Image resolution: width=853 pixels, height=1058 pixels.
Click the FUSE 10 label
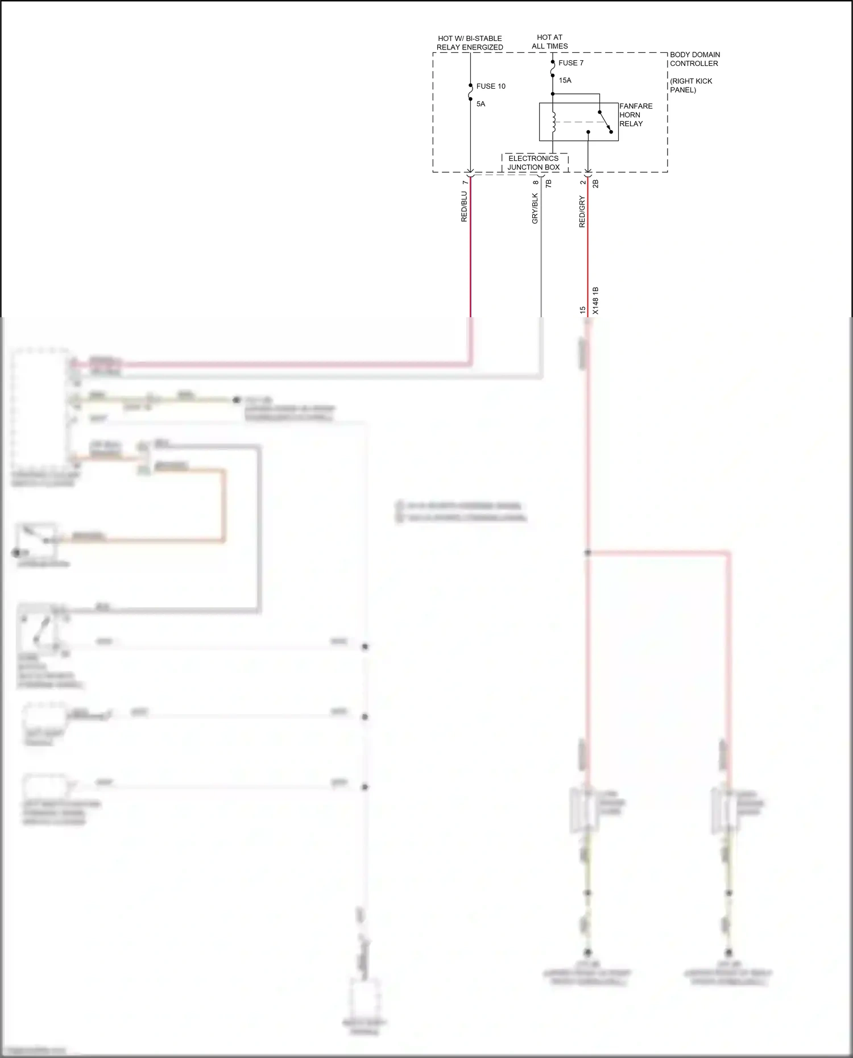[490, 86]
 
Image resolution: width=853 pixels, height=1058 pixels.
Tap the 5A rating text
[481, 104]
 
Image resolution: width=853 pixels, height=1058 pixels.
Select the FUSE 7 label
[570, 63]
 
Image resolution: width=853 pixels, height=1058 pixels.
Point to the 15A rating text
[565, 80]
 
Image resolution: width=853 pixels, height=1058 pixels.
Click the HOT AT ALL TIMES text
[549, 42]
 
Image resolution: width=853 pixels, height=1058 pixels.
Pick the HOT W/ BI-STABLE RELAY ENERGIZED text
[470, 43]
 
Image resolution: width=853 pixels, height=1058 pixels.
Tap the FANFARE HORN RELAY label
[635, 115]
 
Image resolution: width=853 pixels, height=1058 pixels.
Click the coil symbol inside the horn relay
[553, 122]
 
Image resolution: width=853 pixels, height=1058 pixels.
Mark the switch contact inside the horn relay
[606, 122]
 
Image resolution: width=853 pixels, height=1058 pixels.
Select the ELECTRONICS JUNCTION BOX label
[533, 163]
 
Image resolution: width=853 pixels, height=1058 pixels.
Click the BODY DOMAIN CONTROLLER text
[694, 59]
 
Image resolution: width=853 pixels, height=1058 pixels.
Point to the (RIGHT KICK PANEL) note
[690, 85]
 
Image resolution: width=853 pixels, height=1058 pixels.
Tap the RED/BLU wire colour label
[464, 206]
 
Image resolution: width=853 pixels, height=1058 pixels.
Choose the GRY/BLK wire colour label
[535, 208]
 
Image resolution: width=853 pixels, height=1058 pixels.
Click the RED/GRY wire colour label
[582, 211]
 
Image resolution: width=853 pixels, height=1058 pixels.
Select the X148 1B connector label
[595, 301]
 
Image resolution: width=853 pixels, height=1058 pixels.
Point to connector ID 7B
[548, 184]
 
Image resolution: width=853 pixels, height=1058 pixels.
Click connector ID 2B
[595, 184]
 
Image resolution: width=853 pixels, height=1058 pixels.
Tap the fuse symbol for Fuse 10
[470, 92]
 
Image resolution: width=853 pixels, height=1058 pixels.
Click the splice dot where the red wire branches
[587, 552]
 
